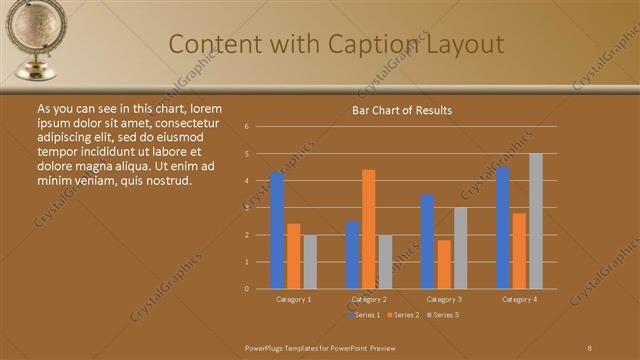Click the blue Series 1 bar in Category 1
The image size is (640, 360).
click(x=277, y=231)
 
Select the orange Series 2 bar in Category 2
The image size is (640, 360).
click(x=369, y=229)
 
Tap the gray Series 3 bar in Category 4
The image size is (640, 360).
click(x=536, y=221)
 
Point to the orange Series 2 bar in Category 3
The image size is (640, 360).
click(x=444, y=264)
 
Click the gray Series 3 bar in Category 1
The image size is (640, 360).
click(x=310, y=262)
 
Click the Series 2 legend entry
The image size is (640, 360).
click(x=403, y=315)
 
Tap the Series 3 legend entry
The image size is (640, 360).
click(x=442, y=315)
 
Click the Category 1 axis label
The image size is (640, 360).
click(x=294, y=299)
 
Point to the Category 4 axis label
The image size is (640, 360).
click(x=519, y=299)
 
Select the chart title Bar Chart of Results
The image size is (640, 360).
click(x=402, y=110)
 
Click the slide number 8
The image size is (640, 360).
click(x=590, y=347)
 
